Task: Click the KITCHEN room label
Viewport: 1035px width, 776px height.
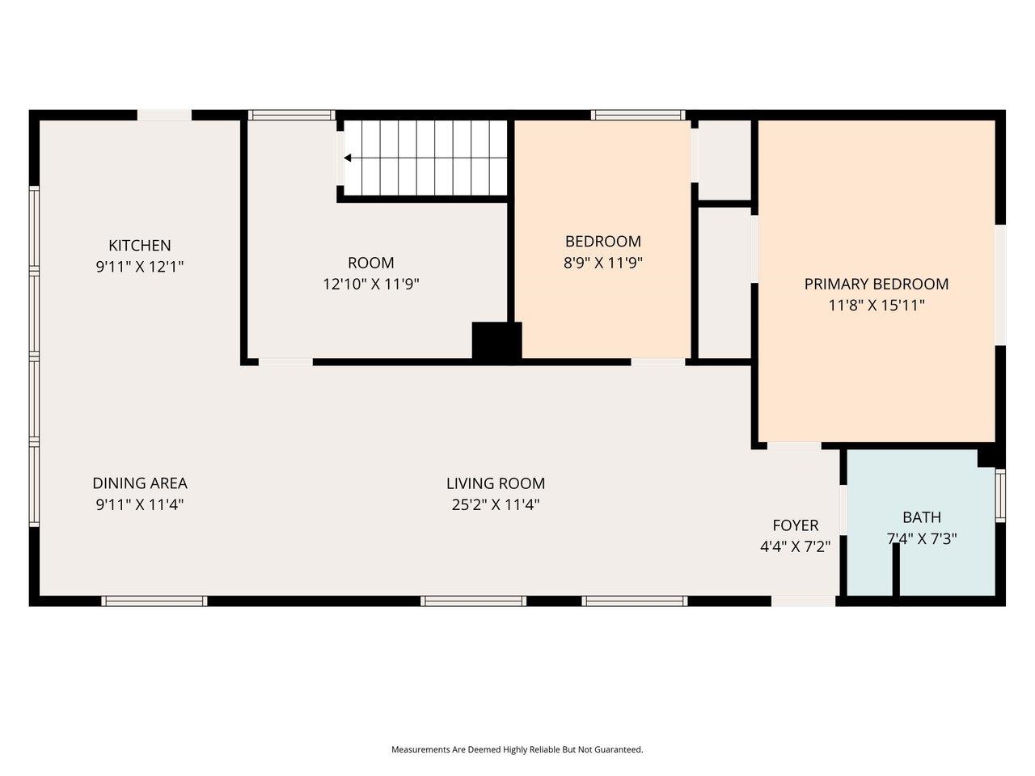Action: click(140, 245)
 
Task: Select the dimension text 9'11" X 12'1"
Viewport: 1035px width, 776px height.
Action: click(140, 266)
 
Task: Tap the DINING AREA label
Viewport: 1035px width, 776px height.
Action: click(140, 483)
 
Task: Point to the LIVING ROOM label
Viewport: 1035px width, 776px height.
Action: click(496, 483)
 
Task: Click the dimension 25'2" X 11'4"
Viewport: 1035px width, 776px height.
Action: click(496, 504)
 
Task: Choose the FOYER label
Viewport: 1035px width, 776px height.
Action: click(796, 525)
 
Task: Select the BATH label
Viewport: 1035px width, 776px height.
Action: click(922, 517)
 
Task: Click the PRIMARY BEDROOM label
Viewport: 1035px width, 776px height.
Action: click(877, 284)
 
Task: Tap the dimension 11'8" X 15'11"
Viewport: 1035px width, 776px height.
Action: click(877, 305)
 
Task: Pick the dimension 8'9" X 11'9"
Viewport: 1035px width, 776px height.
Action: click(603, 262)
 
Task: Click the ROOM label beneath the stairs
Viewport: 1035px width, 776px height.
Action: click(371, 263)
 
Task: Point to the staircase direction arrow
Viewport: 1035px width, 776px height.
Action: click(348, 158)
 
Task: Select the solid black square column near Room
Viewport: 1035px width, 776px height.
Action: click(496, 341)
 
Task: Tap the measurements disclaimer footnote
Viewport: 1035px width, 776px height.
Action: click(517, 749)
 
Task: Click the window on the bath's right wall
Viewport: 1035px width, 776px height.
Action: click(1000, 495)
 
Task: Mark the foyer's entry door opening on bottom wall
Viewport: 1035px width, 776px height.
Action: click(804, 601)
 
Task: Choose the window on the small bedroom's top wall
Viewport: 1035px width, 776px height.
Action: click(638, 115)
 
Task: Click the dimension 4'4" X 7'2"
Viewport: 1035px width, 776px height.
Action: click(796, 546)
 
